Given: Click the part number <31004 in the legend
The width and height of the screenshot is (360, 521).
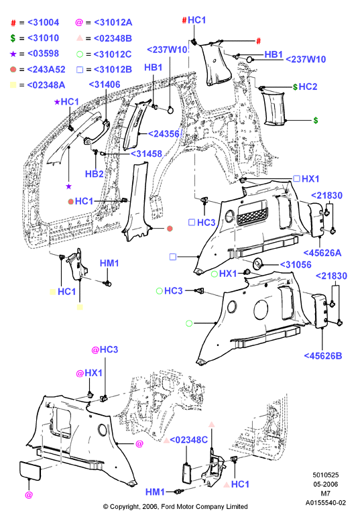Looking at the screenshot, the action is coord(43,23).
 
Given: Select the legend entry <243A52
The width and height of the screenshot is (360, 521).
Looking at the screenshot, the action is coord(46,70).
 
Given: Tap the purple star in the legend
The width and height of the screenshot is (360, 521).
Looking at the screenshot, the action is coord(13,54).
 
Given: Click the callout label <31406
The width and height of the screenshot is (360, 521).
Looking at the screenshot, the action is coord(105,84).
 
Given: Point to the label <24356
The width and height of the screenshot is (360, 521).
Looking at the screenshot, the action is coord(164,133).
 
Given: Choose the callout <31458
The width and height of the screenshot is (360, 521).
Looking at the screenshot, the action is coord(146,154).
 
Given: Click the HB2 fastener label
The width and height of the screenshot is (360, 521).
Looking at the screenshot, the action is coord(95,174).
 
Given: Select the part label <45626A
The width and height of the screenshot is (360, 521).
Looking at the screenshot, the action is coord(322,253).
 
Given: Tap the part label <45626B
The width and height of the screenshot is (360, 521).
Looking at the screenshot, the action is coord(323,356).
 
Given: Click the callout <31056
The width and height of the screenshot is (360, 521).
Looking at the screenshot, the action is coord(296,265).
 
